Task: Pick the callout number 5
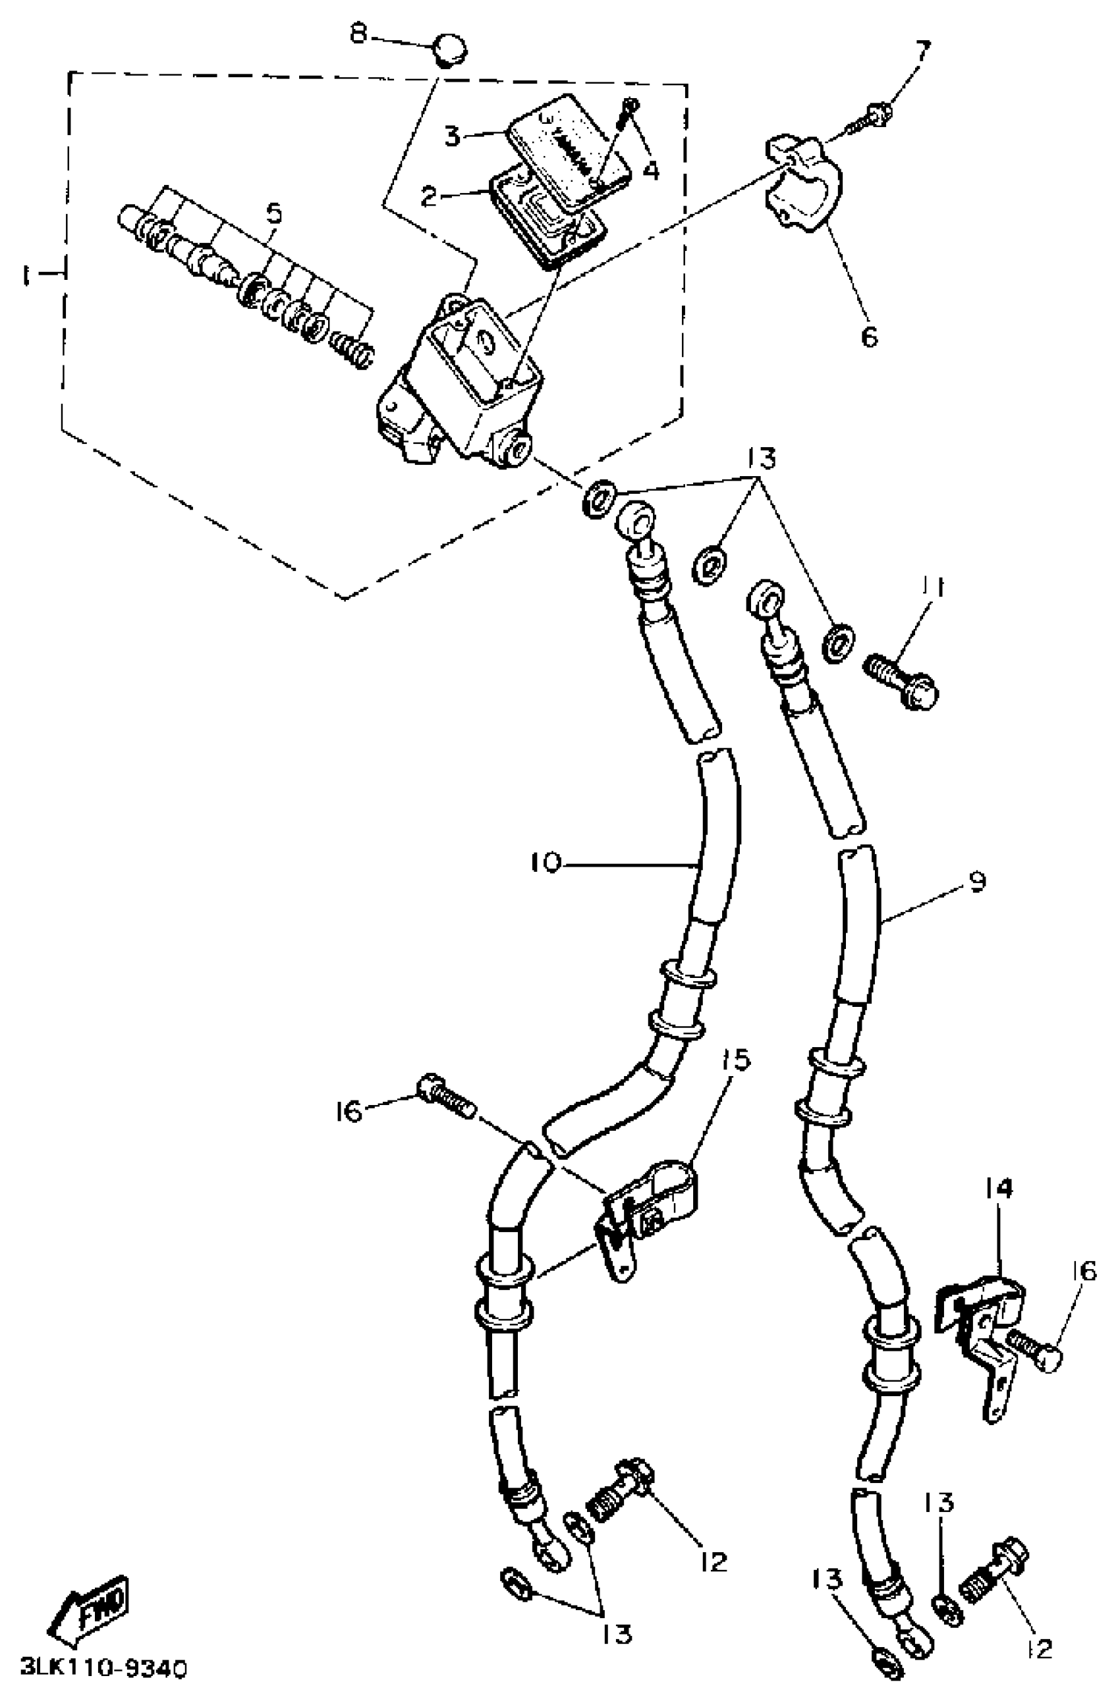pyautogui.click(x=273, y=215)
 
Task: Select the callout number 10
pyautogui.click(x=546, y=863)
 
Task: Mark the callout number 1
pyautogui.click(x=27, y=275)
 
